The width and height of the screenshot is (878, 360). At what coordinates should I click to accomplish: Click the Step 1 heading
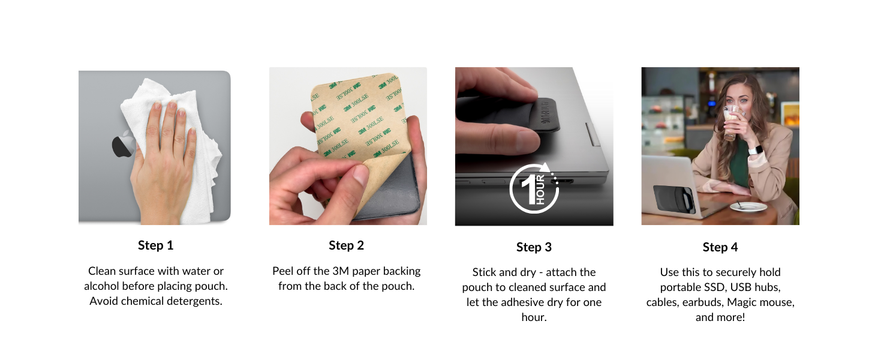[155, 245]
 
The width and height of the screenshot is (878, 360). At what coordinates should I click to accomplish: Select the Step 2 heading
[346, 245]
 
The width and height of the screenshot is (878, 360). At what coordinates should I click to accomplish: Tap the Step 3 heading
[534, 247]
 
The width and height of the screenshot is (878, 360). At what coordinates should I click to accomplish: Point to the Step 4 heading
[720, 247]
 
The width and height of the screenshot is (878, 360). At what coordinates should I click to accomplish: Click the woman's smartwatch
[753, 149]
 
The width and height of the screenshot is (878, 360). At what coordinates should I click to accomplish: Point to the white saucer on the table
[748, 207]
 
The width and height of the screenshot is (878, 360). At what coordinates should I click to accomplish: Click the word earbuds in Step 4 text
[724, 302]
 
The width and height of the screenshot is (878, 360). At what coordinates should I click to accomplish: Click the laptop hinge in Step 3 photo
[593, 134]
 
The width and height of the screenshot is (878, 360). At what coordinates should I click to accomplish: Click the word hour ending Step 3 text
[534, 317]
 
